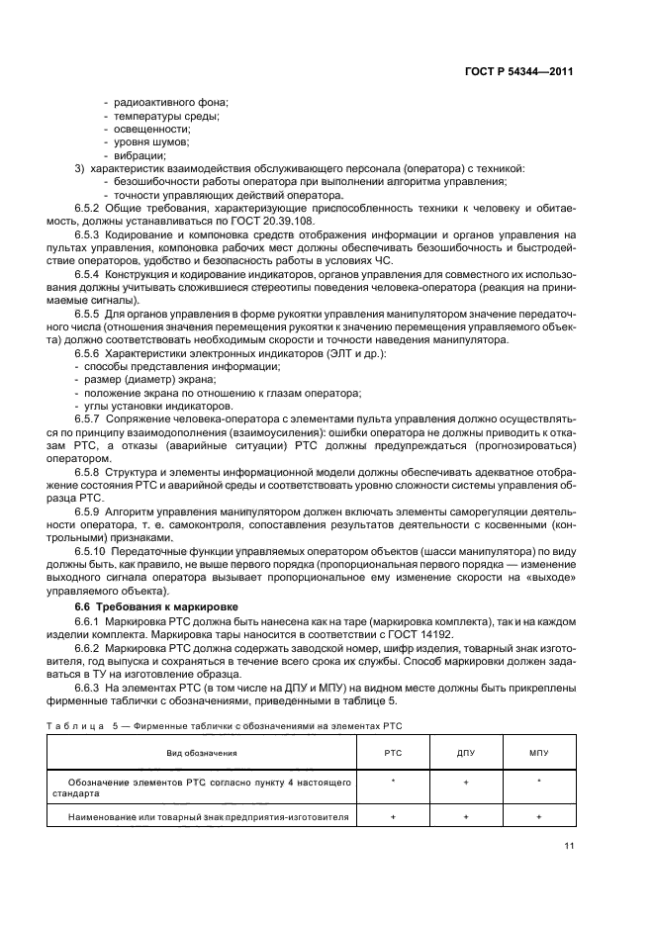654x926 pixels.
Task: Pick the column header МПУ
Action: coord(539,754)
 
